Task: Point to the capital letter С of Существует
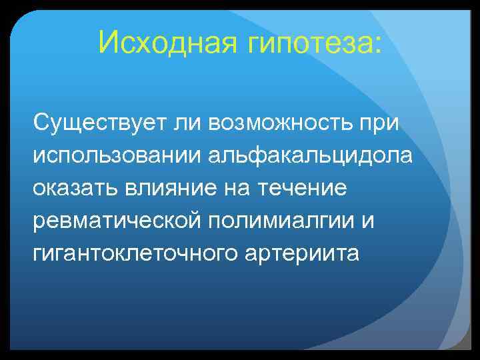coord(42,123)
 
